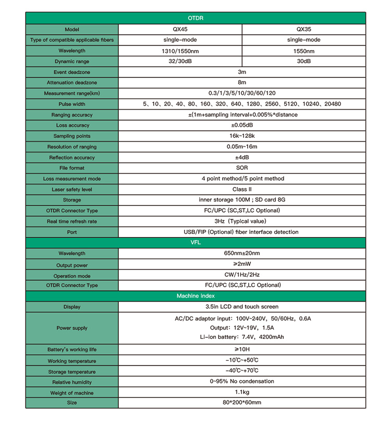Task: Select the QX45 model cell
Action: [x=180, y=29]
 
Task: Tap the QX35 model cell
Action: [x=303, y=29]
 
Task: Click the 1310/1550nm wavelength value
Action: [x=180, y=51]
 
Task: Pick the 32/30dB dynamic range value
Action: [x=180, y=61]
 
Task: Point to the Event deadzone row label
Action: [x=72, y=72]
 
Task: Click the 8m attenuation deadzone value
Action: [x=241, y=83]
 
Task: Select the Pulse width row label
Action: [x=72, y=104]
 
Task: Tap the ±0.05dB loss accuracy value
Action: [x=241, y=125]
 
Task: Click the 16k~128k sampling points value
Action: [x=241, y=136]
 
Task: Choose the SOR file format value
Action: [x=241, y=168]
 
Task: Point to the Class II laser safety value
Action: [x=241, y=190]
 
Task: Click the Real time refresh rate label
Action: [x=72, y=221]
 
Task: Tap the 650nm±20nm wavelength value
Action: [x=241, y=253]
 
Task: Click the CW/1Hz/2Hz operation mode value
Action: [x=241, y=275]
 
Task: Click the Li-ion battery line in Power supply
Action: [x=241, y=337]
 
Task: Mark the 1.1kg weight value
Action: [x=241, y=392]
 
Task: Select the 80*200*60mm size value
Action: [x=241, y=403]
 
